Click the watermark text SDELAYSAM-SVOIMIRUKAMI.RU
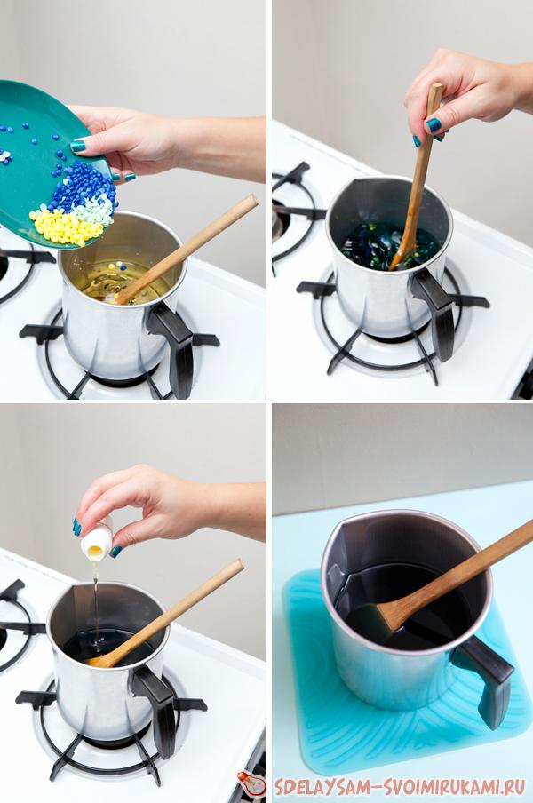pos(400,786)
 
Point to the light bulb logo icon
pos(252,783)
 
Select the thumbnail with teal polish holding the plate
pos(78,146)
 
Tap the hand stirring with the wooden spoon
pos(465,92)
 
